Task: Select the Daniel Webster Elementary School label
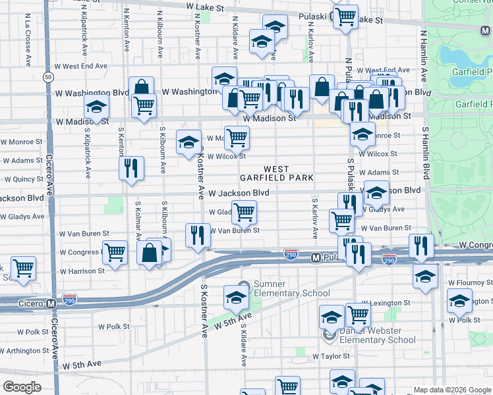coord(377,334)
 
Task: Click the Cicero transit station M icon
coord(51,304)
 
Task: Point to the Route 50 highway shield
coord(48,77)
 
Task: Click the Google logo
coord(22,387)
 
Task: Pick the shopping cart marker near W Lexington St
coord(358,314)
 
